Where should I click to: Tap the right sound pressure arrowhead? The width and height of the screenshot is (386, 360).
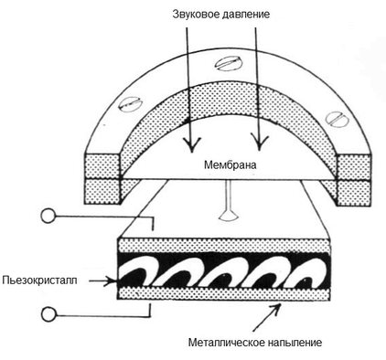(x=261, y=145)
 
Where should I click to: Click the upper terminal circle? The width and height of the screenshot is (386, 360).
(x=48, y=217)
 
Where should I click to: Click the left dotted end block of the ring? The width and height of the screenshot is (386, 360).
(x=103, y=176)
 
